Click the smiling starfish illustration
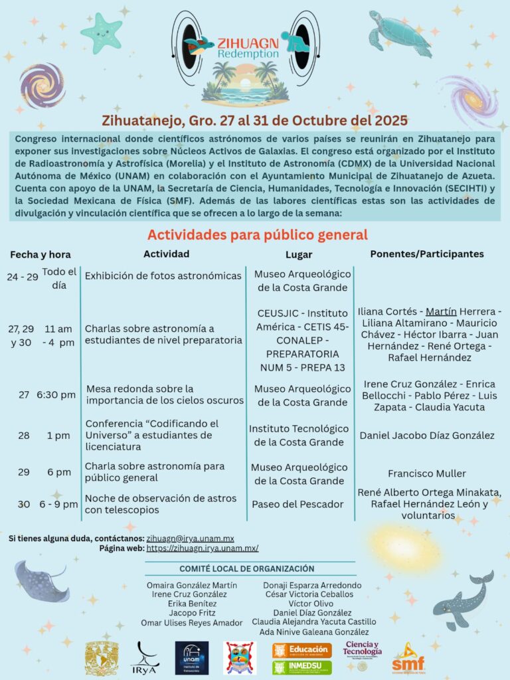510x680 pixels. click(x=102, y=33)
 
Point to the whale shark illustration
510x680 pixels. click(x=464, y=600)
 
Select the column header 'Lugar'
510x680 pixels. click(x=298, y=254)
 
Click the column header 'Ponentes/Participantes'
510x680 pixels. click(x=427, y=254)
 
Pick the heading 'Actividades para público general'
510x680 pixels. click(x=257, y=234)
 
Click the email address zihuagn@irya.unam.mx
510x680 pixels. click(x=190, y=538)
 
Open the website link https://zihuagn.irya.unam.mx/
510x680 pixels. click(x=202, y=549)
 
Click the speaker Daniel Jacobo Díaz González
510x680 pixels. click(x=427, y=436)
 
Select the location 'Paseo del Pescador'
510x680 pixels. click(x=297, y=504)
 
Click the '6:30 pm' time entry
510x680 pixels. click(x=56, y=394)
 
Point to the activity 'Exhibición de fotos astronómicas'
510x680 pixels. click(x=163, y=276)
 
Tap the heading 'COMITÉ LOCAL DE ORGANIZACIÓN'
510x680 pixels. click(x=247, y=569)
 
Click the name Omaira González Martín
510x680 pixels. click(x=183, y=585)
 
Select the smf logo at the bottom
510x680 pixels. click(x=408, y=659)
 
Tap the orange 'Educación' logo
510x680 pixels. click(x=301, y=649)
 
